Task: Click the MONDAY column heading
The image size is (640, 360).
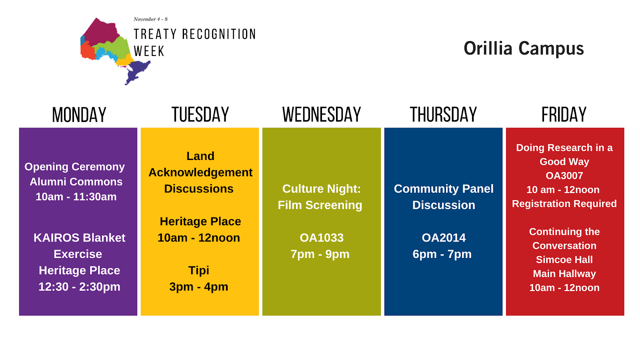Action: pyautogui.click(x=79, y=115)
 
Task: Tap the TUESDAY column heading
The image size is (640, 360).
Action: pyautogui.click(x=200, y=114)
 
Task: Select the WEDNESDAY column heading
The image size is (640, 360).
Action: pyautogui.click(x=322, y=114)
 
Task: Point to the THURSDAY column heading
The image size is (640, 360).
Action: pyautogui.click(x=444, y=114)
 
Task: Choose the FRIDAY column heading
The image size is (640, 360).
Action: pyautogui.click(x=564, y=114)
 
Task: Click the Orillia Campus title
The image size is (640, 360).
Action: pyautogui.click(x=524, y=48)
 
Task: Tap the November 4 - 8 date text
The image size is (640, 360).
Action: pyautogui.click(x=150, y=20)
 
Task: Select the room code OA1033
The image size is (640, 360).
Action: pyautogui.click(x=322, y=238)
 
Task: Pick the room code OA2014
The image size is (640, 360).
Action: pyautogui.click(x=444, y=238)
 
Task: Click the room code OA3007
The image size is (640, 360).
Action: pyautogui.click(x=564, y=176)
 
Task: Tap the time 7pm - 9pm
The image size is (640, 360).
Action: pyautogui.click(x=320, y=254)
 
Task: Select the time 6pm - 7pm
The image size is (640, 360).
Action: pyautogui.click(x=442, y=254)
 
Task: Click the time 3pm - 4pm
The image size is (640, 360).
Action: pyautogui.click(x=198, y=287)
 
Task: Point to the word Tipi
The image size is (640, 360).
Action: pyautogui.click(x=198, y=270)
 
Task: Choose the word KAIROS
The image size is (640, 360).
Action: pyautogui.click(x=56, y=238)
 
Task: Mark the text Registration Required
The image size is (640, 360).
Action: pyautogui.click(x=564, y=204)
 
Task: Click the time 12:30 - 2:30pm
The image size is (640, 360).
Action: pyautogui.click(x=80, y=287)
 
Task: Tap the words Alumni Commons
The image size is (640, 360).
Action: pyautogui.click(x=76, y=182)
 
